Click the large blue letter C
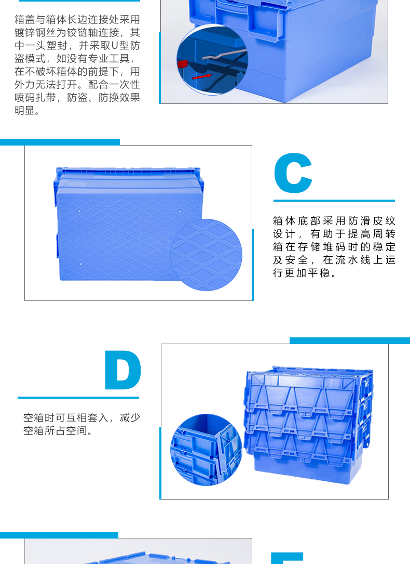tap(292, 174)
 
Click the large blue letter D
tap(122, 371)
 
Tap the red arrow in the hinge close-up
tap(202, 76)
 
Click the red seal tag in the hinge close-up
tap(182, 64)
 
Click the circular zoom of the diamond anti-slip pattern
tap(207, 255)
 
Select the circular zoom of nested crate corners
tap(207, 450)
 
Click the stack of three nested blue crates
tap(309, 418)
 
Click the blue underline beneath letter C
tap(334, 201)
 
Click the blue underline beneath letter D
tap(78, 398)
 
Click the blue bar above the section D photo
tap(349, 340)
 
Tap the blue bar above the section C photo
tap(60, 142)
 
